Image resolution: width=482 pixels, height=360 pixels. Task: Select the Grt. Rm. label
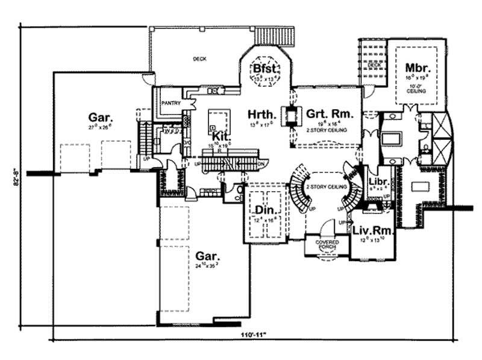(x=329, y=113)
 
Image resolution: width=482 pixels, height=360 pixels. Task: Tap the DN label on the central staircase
(x=260, y=163)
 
